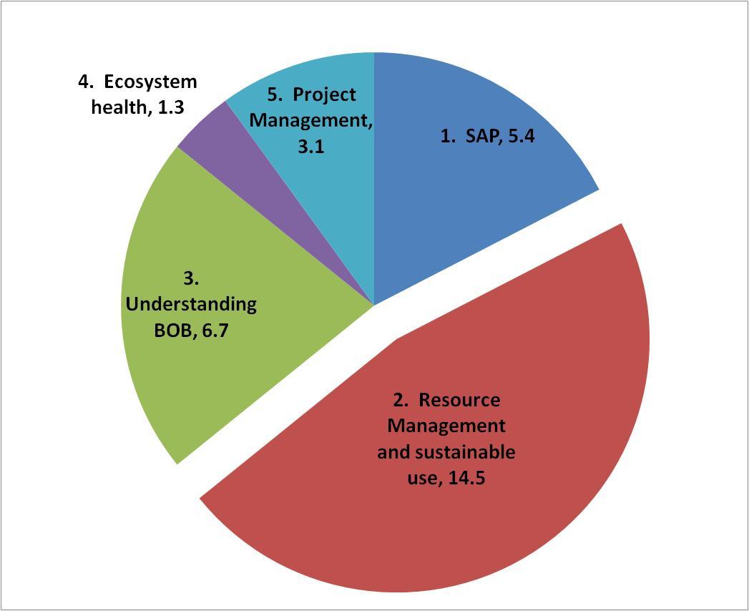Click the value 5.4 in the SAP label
(x=521, y=136)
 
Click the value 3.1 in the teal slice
(x=311, y=147)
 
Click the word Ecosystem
(x=150, y=82)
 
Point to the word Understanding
(x=191, y=304)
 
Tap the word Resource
(x=459, y=399)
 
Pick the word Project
(x=324, y=94)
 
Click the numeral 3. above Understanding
(x=191, y=278)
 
